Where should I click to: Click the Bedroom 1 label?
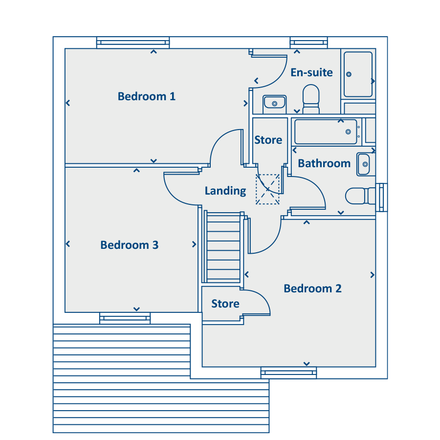pos(147,96)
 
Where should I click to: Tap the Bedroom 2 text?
pos(312,288)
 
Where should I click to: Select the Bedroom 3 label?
pos(130,245)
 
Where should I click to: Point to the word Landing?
pos(225,191)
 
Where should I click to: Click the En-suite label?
pos(311,72)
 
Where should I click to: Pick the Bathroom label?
pos(324,163)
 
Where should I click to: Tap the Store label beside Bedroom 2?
pos(225,304)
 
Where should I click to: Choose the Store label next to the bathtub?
pos(268,140)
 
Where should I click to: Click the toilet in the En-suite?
pos(311,99)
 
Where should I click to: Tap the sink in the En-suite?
pos(274,104)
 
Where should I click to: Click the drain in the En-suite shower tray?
pos(349,74)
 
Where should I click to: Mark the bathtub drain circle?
pos(348,132)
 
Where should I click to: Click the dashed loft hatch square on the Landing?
pos(267,189)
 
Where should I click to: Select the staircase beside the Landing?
pos(223,247)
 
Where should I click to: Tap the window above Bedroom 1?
pos(133,43)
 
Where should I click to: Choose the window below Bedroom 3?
pos(125,318)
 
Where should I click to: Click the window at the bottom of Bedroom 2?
pos(288,373)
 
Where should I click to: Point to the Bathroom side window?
pos(382,198)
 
